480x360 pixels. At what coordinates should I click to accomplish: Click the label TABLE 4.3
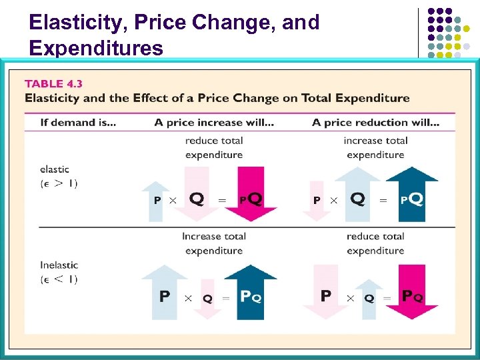tap(53, 84)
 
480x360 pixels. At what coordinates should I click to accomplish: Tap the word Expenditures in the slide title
tap(96, 48)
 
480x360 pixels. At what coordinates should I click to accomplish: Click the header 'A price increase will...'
tap(213, 122)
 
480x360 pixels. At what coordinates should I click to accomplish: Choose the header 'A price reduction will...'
tap(375, 122)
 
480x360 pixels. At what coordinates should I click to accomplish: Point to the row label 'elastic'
tap(55, 169)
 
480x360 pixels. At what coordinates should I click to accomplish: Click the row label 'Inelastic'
tap(59, 265)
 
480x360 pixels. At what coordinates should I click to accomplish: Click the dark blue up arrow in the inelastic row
tap(251, 292)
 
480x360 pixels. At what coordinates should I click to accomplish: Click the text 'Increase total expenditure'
tap(214, 243)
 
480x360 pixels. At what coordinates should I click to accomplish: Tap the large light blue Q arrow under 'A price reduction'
tap(358, 193)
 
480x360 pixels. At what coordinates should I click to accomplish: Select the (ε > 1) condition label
tap(59, 183)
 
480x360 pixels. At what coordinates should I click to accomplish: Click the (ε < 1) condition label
tap(59, 279)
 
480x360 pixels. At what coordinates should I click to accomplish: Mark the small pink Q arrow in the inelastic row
tap(207, 297)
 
